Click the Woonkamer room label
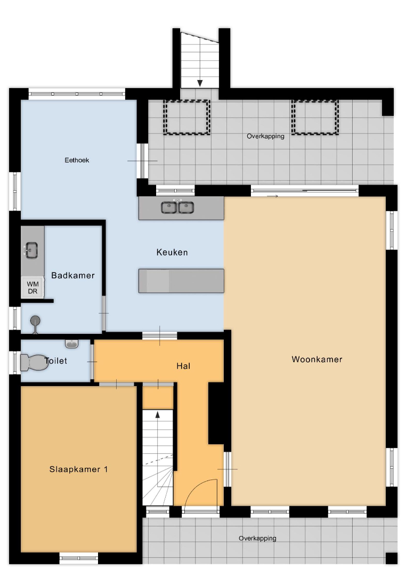pos(317,359)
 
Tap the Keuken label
pos(172,252)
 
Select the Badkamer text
pos(73,276)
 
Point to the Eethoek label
pos(77,160)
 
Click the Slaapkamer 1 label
pos(78,469)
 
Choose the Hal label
pos(183,366)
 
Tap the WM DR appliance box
pos(33,287)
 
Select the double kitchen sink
pos(177,207)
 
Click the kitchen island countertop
pos(181,281)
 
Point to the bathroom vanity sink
pos(31,250)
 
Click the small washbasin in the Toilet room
pos(71,343)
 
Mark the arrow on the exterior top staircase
pos(200,83)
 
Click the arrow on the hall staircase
pos(158,414)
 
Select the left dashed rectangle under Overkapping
pos(187,117)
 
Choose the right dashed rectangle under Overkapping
pos(315,117)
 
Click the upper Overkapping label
pos(265,137)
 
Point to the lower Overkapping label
pos(257,538)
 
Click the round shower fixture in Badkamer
pos(35,321)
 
